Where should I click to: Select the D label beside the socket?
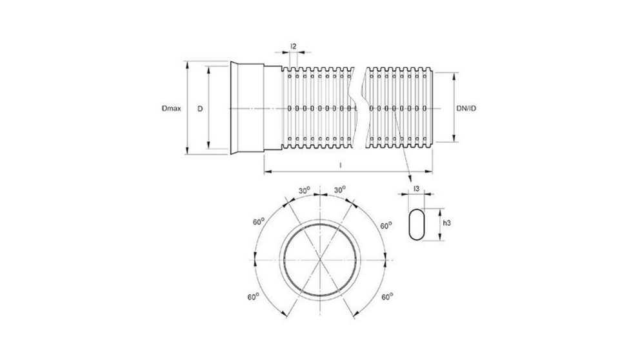click(x=200, y=108)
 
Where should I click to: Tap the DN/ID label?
click(x=466, y=108)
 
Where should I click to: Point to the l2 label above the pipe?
click(x=294, y=46)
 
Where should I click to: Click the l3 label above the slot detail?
click(x=417, y=188)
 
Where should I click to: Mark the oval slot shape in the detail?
click(x=417, y=224)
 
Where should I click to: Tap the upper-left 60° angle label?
click(x=258, y=221)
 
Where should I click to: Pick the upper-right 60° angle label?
click(x=385, y=225)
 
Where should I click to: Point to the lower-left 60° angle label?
click(x=252, y=296)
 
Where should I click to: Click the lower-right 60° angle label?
click(x=387, y=297)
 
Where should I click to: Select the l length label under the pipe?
click(x=340, y=166)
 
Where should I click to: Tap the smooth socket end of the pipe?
click(x=248, y=108)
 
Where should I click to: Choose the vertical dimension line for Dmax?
click(x=186, y=108)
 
